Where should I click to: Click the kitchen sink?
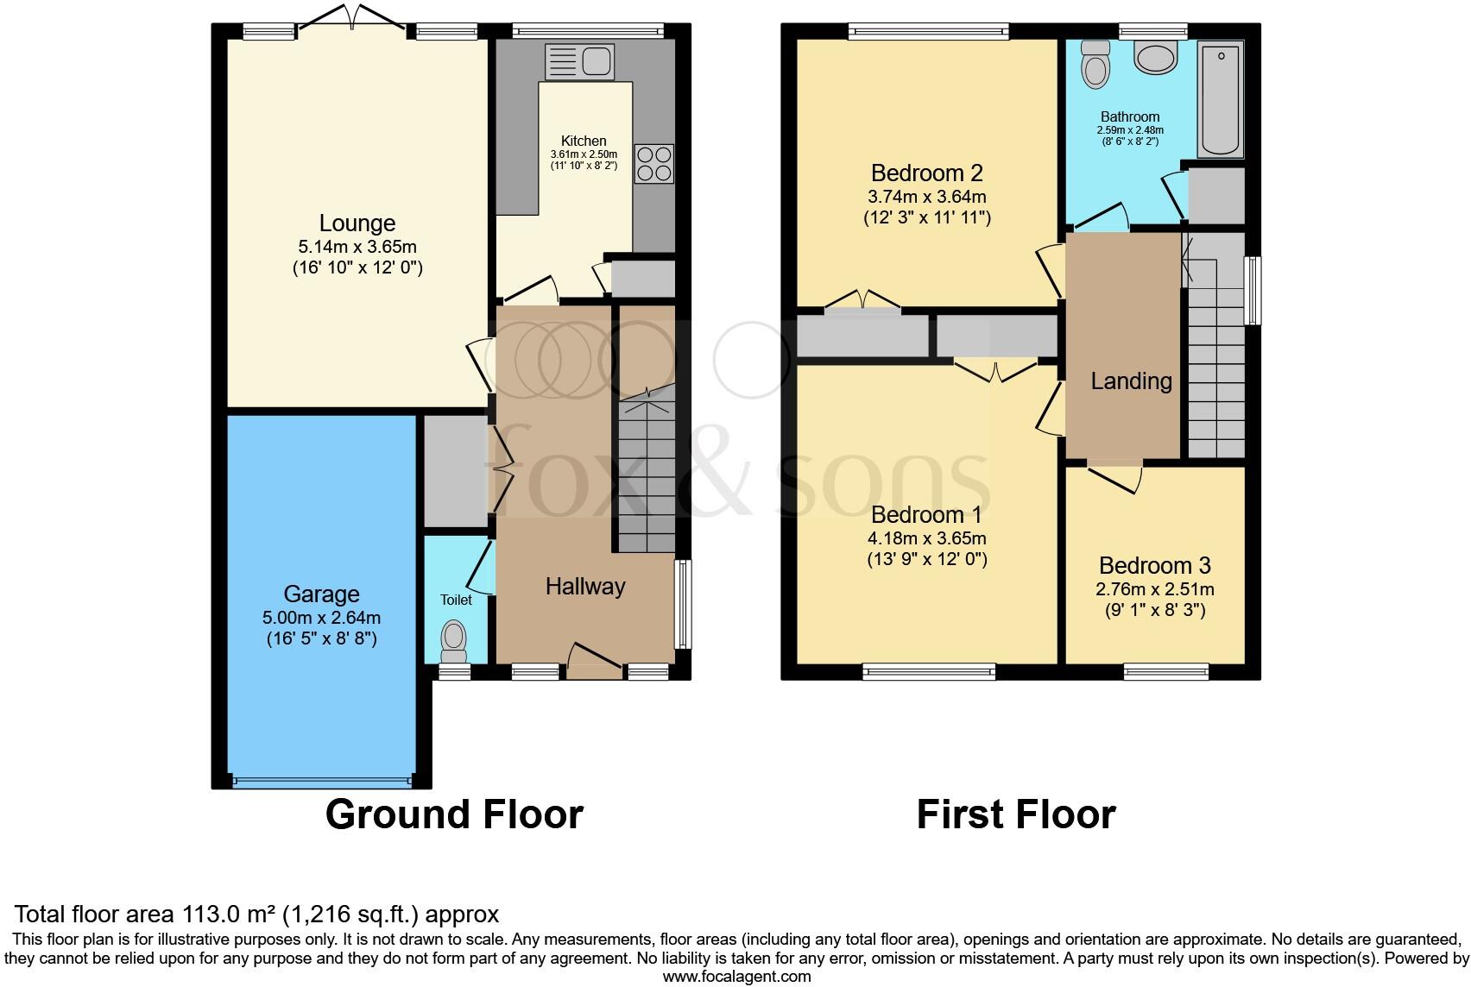click(x=579, y=62)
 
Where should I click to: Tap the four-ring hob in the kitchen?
click(x=654, y=163)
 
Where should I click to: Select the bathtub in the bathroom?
click(x=1220, y=99)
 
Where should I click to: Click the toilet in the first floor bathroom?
click(x=1095, y=65)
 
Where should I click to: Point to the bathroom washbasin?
click(x=1155, y=58)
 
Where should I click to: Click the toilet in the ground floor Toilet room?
click(x=454, y=642)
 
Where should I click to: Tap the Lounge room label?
click(x=357, y=223)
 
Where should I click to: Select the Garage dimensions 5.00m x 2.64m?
click(x=322, y=618)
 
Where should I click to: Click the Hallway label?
click(x=585, y=586)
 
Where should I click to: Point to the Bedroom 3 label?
click(x=1154, y=565)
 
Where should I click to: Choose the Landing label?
click(x=1132, y=381)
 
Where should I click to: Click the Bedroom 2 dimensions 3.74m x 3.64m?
click(x=926, y=196)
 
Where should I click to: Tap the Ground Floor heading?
click(x=454, y=814)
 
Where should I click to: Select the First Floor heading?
click(x=1016, y=814)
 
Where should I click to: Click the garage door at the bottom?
click(x=322, y=782)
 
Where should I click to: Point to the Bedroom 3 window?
click(x=1165, y=671)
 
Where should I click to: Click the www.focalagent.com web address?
click(x=737, y=977)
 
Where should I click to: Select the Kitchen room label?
click(x=584, y=141)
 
